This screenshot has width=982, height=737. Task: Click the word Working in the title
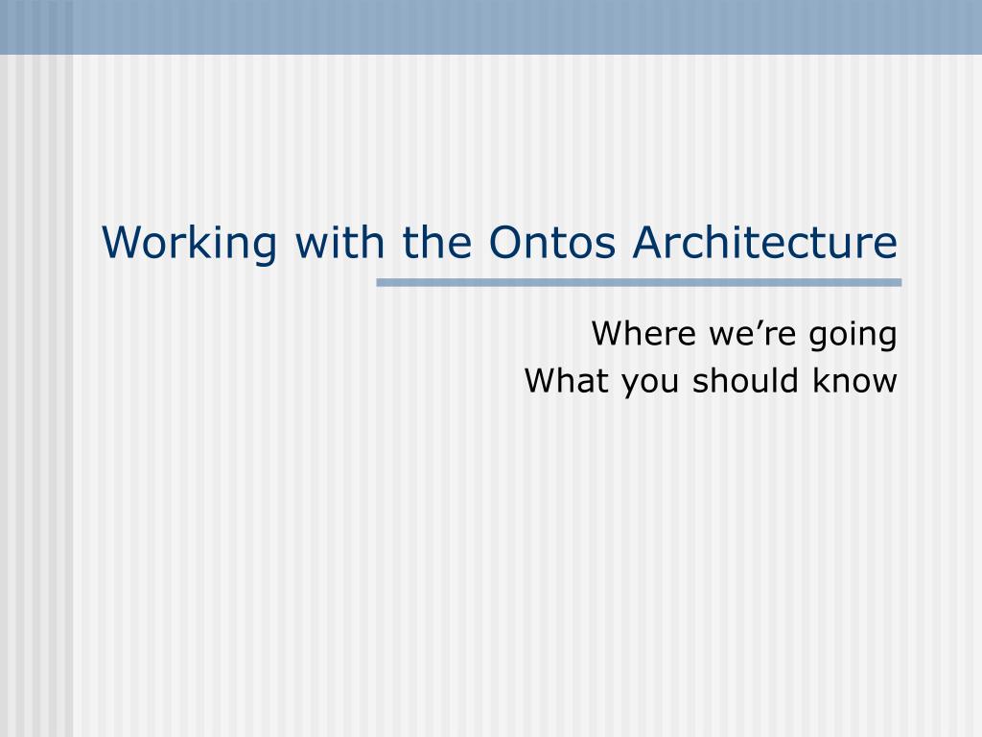189,243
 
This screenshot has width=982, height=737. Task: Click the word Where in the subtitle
643,333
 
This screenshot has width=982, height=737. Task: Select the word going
853,336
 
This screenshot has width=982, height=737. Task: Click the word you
650,384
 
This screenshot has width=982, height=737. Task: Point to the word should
745,380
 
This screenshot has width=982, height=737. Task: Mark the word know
854,380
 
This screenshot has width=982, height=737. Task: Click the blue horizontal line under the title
639,283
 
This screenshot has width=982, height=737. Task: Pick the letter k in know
820,380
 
